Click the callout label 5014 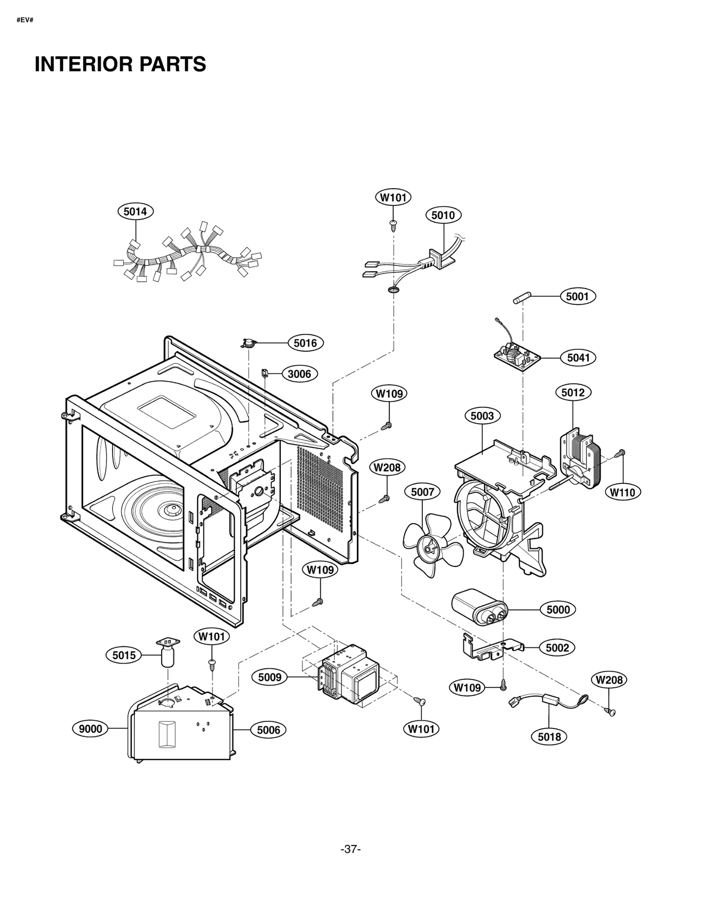[135, 211]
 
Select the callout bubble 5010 [443, 215]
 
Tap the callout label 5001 [577, 296]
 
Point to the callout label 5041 [578, 358]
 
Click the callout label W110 [623, 492]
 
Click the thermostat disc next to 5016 [249, 343]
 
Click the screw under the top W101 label [393, 225]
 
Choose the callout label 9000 [90, 729]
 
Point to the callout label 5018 [549, 737]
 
